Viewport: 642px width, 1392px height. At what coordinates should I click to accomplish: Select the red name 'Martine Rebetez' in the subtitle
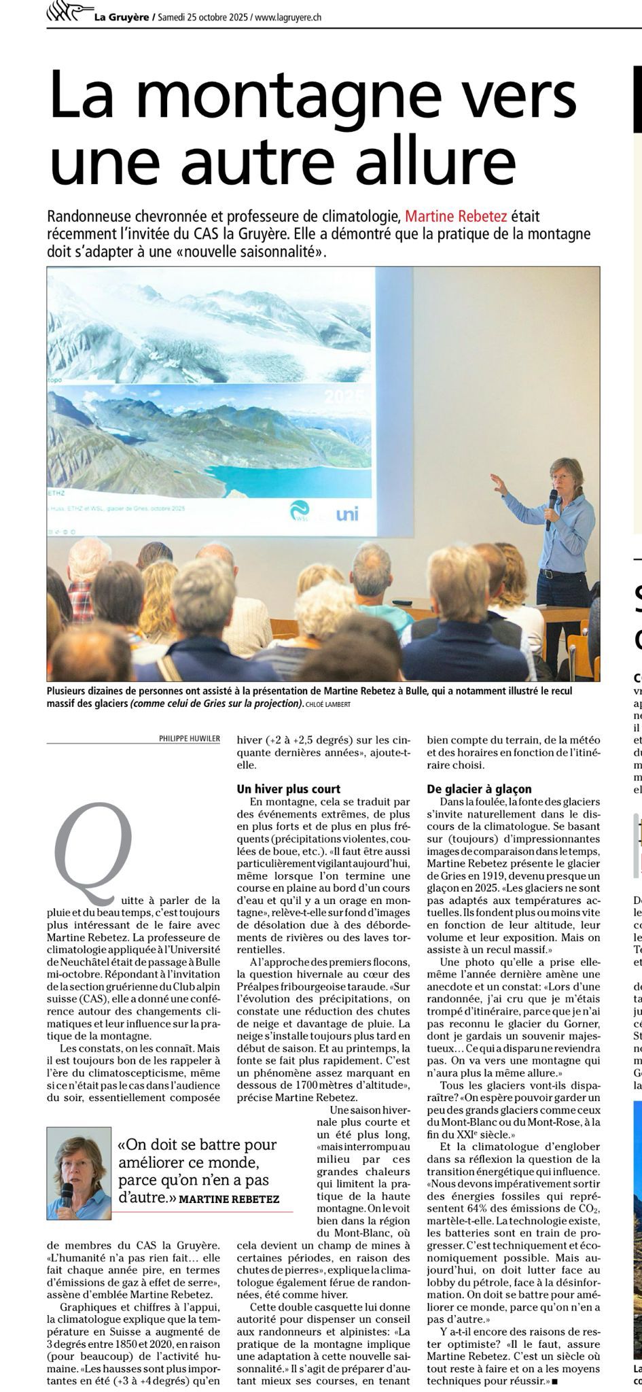point(456,217)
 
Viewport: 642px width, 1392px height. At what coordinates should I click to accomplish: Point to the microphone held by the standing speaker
point(551,508)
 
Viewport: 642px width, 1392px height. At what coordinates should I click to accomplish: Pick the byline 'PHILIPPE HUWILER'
point(190,738)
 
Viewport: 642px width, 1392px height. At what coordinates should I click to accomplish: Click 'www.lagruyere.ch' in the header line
point(288,17)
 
